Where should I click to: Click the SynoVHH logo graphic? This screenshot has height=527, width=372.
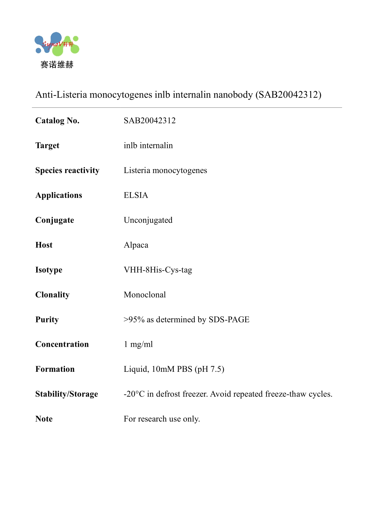pos(57,44)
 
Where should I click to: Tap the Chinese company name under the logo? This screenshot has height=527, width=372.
pos(57,65)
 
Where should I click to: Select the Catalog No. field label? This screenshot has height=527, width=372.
pos(57,120)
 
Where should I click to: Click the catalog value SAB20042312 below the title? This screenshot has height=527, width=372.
pos(150,120)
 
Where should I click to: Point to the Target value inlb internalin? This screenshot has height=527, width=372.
pos(148,146)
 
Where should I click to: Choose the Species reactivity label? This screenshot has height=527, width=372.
pos(67,170)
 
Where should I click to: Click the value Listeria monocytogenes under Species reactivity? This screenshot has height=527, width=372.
pos(165,170)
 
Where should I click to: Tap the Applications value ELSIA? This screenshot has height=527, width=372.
pos(136,195)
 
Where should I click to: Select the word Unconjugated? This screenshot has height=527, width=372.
pos(148,220)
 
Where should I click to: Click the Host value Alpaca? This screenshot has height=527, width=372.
pos(136,245)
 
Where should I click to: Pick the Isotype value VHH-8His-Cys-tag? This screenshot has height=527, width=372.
pos(158,270)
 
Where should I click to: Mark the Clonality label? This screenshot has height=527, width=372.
pos(52,295)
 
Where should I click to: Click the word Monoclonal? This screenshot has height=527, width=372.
pos(145,295)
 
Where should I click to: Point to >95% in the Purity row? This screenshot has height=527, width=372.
pos(134,320)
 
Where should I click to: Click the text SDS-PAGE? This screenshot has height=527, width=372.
pos(229,320)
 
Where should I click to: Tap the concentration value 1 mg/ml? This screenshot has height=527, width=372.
pos(138,344)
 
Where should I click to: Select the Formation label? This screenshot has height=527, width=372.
pos(55,369)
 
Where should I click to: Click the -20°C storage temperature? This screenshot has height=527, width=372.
pos(134,394)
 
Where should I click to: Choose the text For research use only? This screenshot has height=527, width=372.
pos(162,419)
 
